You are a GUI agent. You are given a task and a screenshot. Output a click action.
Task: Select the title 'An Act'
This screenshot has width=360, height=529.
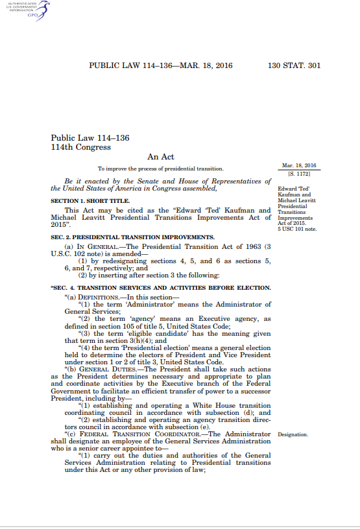point(161,156)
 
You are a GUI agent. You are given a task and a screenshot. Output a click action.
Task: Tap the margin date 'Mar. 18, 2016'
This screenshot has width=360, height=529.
point(299,166)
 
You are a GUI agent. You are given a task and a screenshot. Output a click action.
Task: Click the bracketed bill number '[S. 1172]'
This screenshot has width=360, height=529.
point(299,175)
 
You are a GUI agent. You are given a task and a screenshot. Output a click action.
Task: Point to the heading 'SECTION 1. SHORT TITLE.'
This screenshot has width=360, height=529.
point(88,202)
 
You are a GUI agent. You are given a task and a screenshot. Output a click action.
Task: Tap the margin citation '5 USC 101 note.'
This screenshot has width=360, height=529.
point(296,229)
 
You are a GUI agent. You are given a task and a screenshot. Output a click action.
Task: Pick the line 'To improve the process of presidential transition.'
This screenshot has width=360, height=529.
point(161,169)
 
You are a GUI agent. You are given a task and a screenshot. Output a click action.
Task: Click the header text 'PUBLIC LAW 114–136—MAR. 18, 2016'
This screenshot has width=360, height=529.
point(160,65)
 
